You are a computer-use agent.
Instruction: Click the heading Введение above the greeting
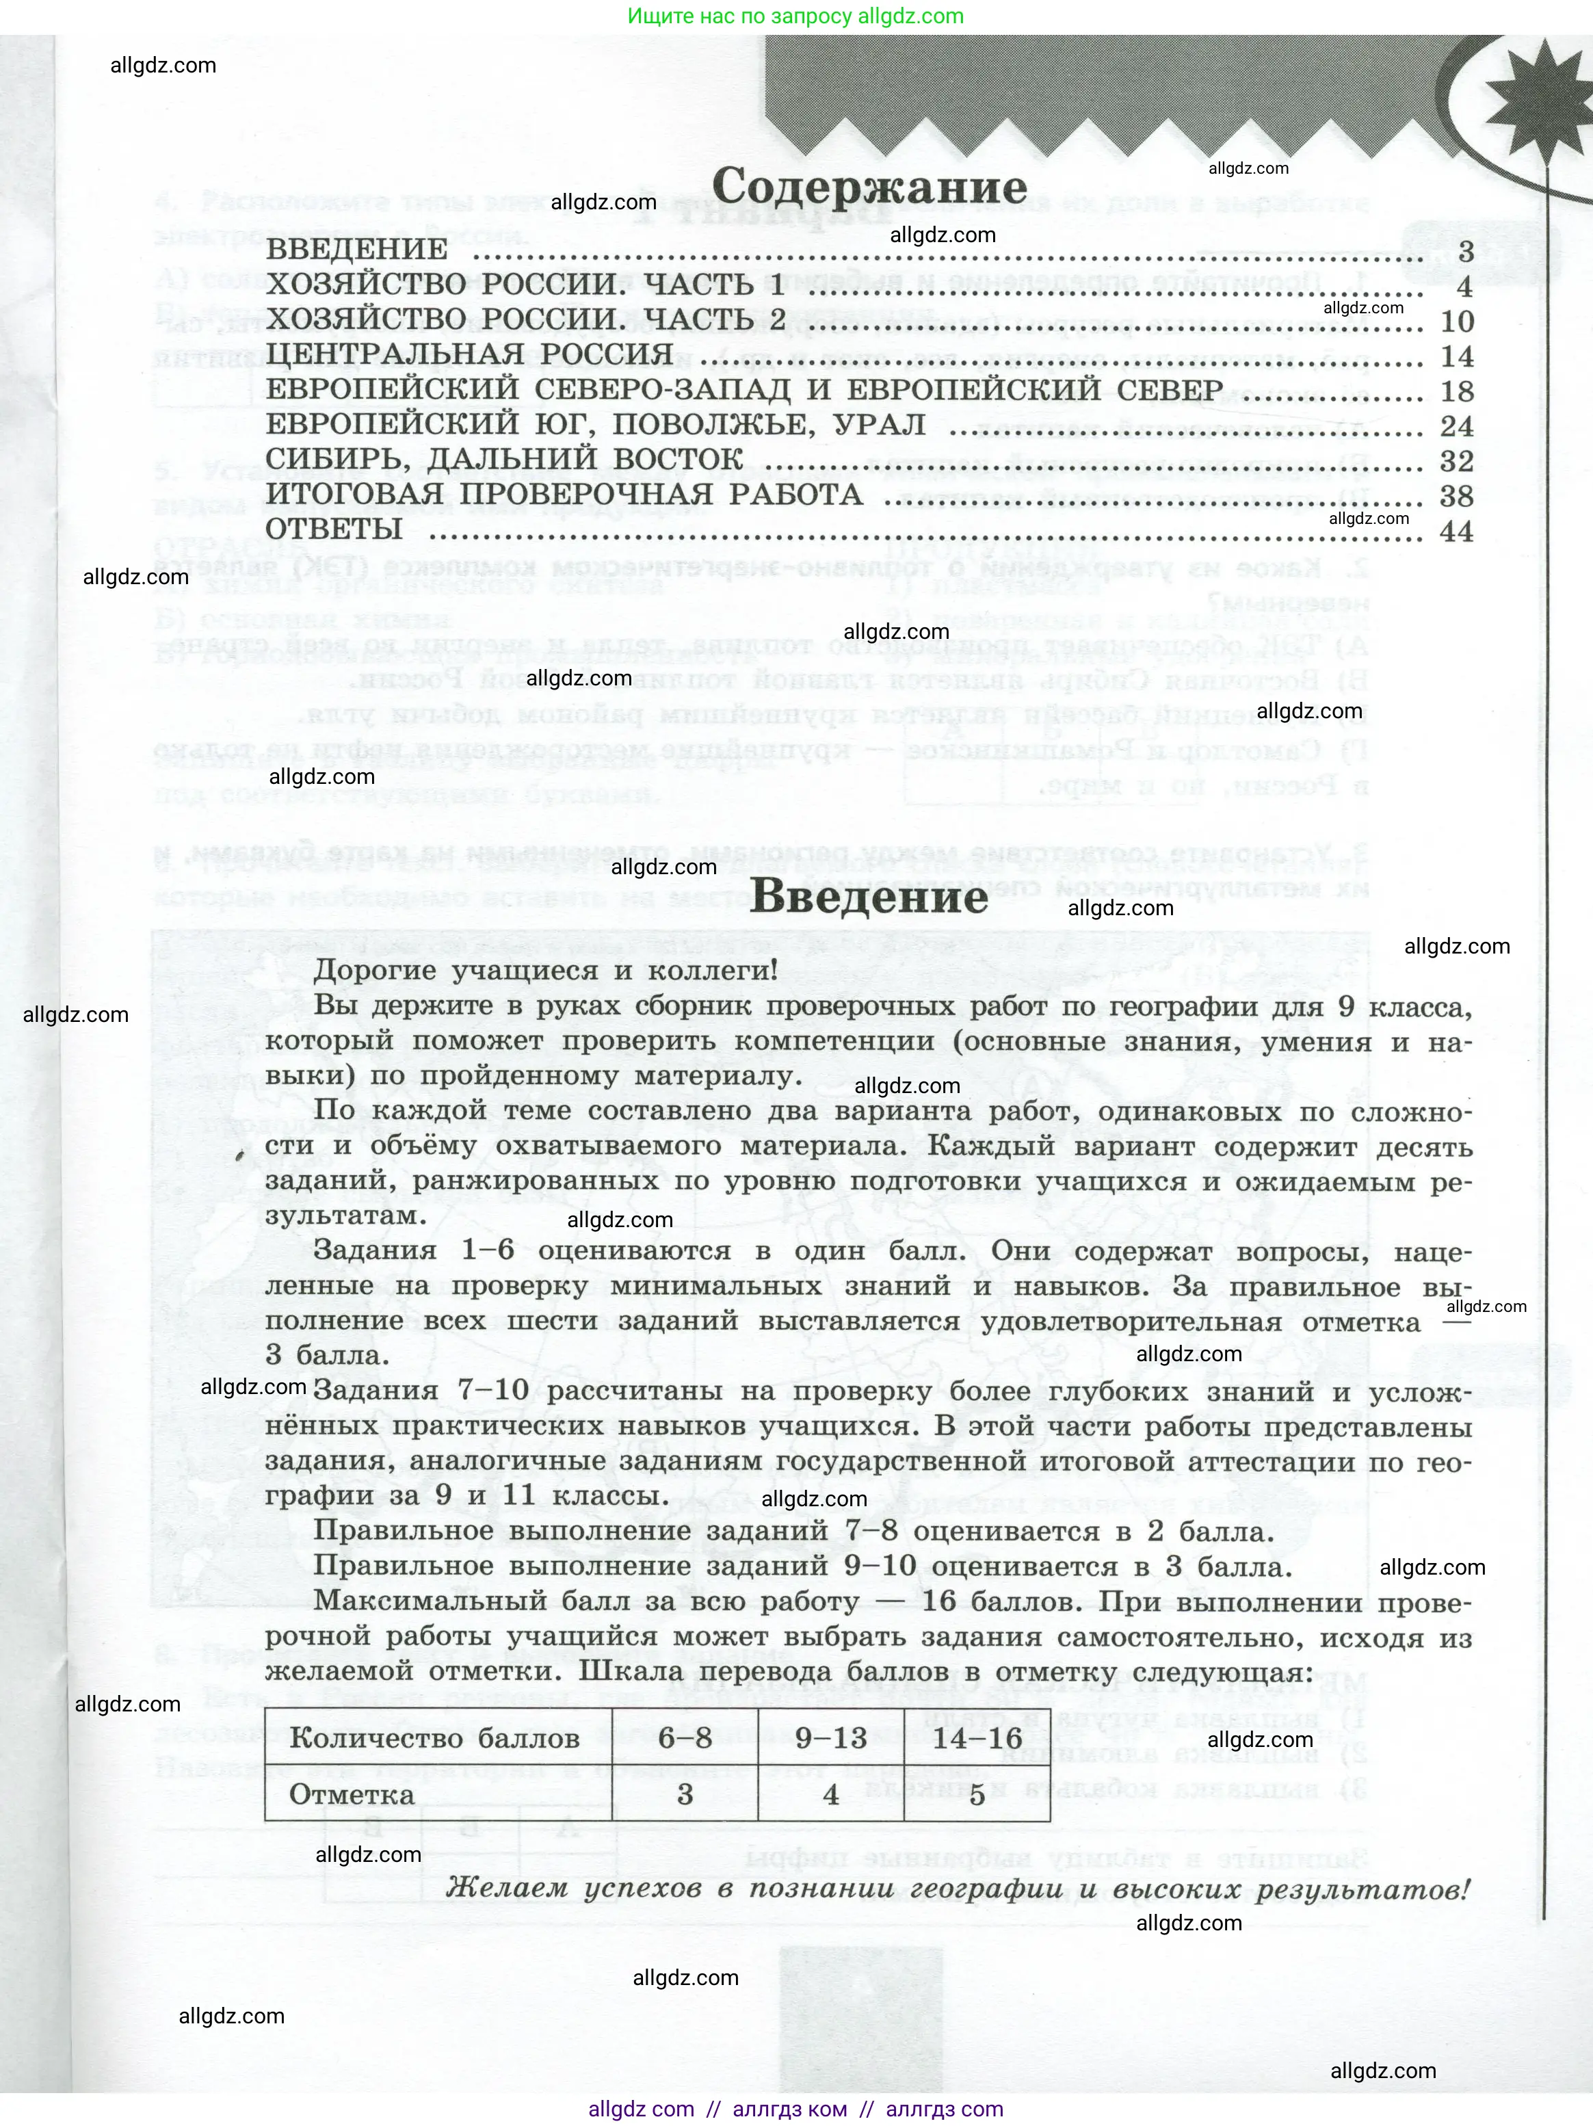click(868, 897)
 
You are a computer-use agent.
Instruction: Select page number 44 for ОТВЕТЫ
click(1456, 531)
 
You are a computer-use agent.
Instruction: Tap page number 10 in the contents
click(1456, 321)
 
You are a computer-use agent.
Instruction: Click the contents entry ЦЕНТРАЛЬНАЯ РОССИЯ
click(469, 356)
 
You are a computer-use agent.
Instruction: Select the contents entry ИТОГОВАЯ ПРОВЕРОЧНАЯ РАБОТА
click(564, 495)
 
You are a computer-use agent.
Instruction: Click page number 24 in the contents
click(1456, 426)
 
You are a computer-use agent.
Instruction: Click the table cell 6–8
click(685, 1738)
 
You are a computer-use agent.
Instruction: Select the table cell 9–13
click(831, 1738)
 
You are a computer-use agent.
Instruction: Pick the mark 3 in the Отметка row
click(685, 1794)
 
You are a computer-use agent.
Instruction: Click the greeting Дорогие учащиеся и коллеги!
click(545, 970)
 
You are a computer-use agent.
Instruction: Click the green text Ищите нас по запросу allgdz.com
click(795, 16)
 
